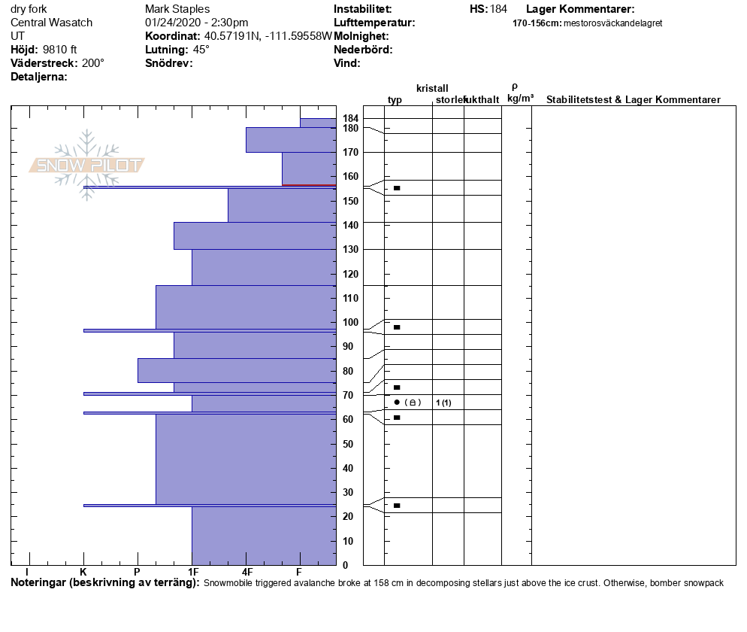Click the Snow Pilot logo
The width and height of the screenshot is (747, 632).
[87, 165]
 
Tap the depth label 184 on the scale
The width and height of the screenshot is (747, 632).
[350, 119]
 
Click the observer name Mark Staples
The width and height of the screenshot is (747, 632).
[177, 9]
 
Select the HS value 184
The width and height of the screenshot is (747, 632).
[498, 9]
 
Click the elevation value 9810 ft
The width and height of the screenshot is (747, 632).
[60, 50]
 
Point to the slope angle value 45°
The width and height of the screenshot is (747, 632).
[201, 50]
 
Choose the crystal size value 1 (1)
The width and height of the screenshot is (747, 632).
[443, 403]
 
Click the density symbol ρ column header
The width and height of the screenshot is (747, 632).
[515, 87]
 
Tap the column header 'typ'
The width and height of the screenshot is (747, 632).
[395, 100]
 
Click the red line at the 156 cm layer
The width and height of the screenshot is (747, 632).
[308, 185]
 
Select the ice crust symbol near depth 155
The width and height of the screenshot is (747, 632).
[397, 188]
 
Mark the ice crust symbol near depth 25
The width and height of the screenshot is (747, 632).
[397, 506]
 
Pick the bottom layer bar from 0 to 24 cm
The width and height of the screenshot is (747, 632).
[263, 536]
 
